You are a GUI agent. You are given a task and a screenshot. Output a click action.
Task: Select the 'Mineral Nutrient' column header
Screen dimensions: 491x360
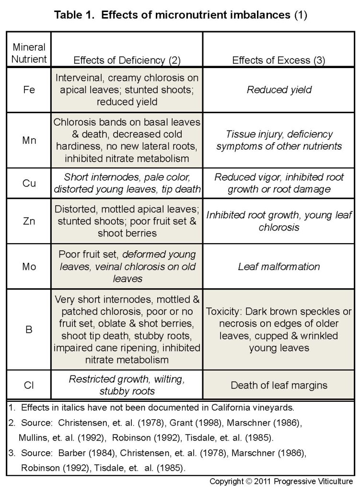29,54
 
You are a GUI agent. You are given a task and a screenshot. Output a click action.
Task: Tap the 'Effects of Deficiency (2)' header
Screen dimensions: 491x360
126,60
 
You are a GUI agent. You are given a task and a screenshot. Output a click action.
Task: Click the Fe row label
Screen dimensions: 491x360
29,90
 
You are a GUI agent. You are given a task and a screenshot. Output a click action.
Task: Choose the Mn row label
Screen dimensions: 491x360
29,140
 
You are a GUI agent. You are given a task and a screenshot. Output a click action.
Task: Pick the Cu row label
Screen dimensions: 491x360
29,183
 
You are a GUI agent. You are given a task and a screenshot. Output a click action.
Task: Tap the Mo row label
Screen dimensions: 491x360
29,266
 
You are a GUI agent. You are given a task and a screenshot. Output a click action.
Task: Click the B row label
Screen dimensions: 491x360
29,330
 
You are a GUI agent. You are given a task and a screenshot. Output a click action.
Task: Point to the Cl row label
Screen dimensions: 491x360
29,385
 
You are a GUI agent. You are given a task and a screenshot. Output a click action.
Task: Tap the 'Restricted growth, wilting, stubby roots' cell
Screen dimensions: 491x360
127,385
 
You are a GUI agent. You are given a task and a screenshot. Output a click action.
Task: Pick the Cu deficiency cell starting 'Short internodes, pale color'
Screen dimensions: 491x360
127,183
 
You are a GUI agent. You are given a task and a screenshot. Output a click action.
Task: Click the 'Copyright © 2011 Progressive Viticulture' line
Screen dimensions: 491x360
281,481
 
